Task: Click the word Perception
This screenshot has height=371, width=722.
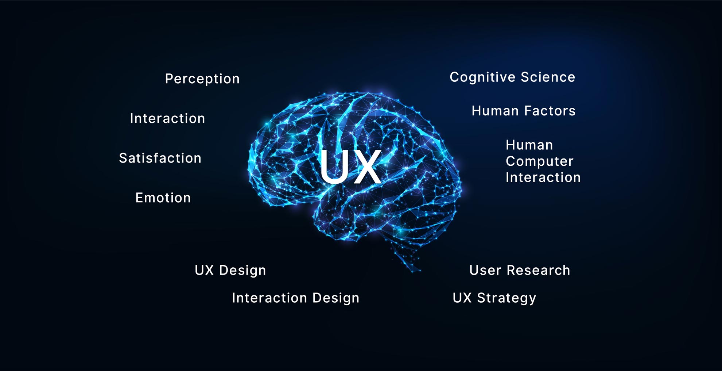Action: (202, 79)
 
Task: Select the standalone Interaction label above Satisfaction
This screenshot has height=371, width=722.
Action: (167, 118)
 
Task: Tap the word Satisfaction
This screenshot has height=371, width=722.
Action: (160, 158)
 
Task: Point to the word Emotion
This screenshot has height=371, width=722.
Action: (163, 198)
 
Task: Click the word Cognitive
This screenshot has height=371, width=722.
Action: (482, 77)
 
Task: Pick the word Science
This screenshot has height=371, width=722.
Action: (548, 77)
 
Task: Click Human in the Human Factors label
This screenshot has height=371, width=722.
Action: (495, 111)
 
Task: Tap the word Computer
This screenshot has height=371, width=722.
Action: (539, 161)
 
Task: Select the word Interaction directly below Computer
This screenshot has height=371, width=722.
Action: (543, 177)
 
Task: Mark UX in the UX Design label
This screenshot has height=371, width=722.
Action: (204, 270)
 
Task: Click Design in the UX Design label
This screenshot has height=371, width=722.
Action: (242, 271)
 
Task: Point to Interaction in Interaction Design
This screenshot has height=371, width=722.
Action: (269, 298)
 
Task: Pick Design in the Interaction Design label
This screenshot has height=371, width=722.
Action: (336, 298)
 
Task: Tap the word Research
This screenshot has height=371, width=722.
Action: (538, 270)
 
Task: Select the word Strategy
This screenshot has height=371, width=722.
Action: (506, 298)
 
